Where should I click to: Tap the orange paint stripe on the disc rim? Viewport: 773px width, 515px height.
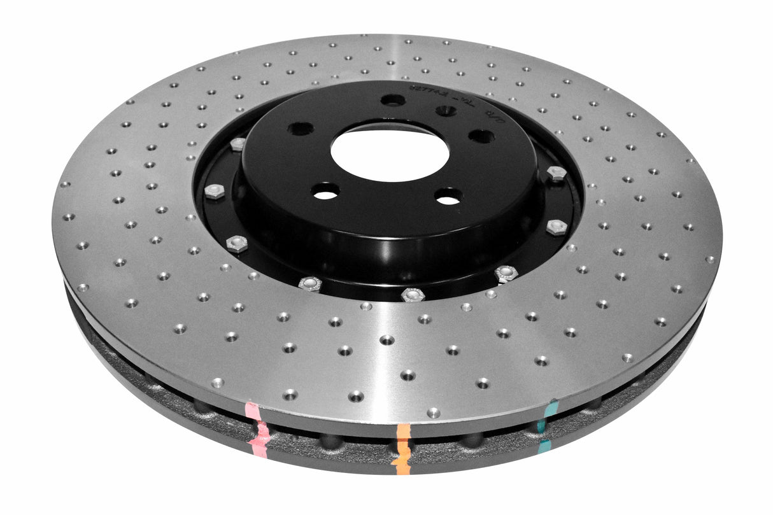tap(402, 448)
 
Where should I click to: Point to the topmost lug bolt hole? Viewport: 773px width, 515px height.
tap(393, 100)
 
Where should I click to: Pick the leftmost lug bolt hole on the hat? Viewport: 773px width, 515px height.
tap(300, 129)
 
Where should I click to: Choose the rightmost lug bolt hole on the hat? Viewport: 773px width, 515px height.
tap(481, 136)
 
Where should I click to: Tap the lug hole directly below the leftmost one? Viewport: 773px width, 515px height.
tap(325, 190)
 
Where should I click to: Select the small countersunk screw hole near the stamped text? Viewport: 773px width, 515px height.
tap(445, 111)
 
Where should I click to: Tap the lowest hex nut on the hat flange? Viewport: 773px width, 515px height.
tap(413, 295)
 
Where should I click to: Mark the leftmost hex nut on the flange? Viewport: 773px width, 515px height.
tap(214, 192)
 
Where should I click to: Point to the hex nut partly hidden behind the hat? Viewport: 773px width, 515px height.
tap(238, 144)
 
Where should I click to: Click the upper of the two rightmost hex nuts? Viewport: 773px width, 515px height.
tap(557, 173)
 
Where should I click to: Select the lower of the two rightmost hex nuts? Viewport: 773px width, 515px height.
tap(556, 227)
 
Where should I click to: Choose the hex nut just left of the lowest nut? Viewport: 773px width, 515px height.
tap(310, 284)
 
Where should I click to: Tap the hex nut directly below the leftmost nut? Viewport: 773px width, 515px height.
tap(237, 244)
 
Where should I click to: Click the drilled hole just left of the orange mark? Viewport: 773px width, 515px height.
tap(356, 396)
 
